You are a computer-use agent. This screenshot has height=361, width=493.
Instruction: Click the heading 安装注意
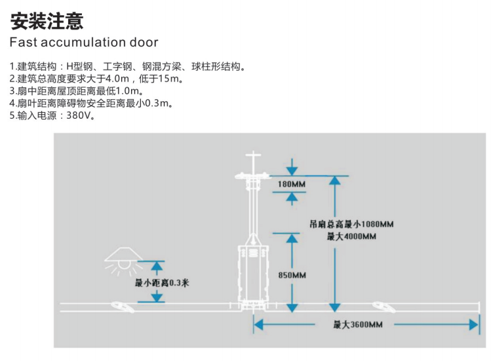pyautogui.click(x=47, y=22)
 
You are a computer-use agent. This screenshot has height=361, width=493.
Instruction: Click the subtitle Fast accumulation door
pyautogui.click(x=84, y=43)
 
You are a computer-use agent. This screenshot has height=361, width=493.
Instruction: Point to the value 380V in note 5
pyautogui.click(x=81, y=116)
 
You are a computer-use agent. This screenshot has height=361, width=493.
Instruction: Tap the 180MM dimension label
pyautogui.click(x=292, y=184)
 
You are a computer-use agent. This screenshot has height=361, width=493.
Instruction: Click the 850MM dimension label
pyautogui.click(x=292, y=275)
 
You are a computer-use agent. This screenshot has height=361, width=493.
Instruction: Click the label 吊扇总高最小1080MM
pyautogui.click(x=352, y=224)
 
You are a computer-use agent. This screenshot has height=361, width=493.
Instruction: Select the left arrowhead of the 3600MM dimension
pyautogui.click(x=258, y=324)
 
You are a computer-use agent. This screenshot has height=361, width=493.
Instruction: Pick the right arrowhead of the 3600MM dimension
pyautogui.click(x=474, y=324)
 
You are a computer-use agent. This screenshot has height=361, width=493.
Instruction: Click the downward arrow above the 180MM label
pyautogui.click(x=291, y=169)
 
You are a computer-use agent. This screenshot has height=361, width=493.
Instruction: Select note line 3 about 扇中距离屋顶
pyautogui.click(x=76, y=91)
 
